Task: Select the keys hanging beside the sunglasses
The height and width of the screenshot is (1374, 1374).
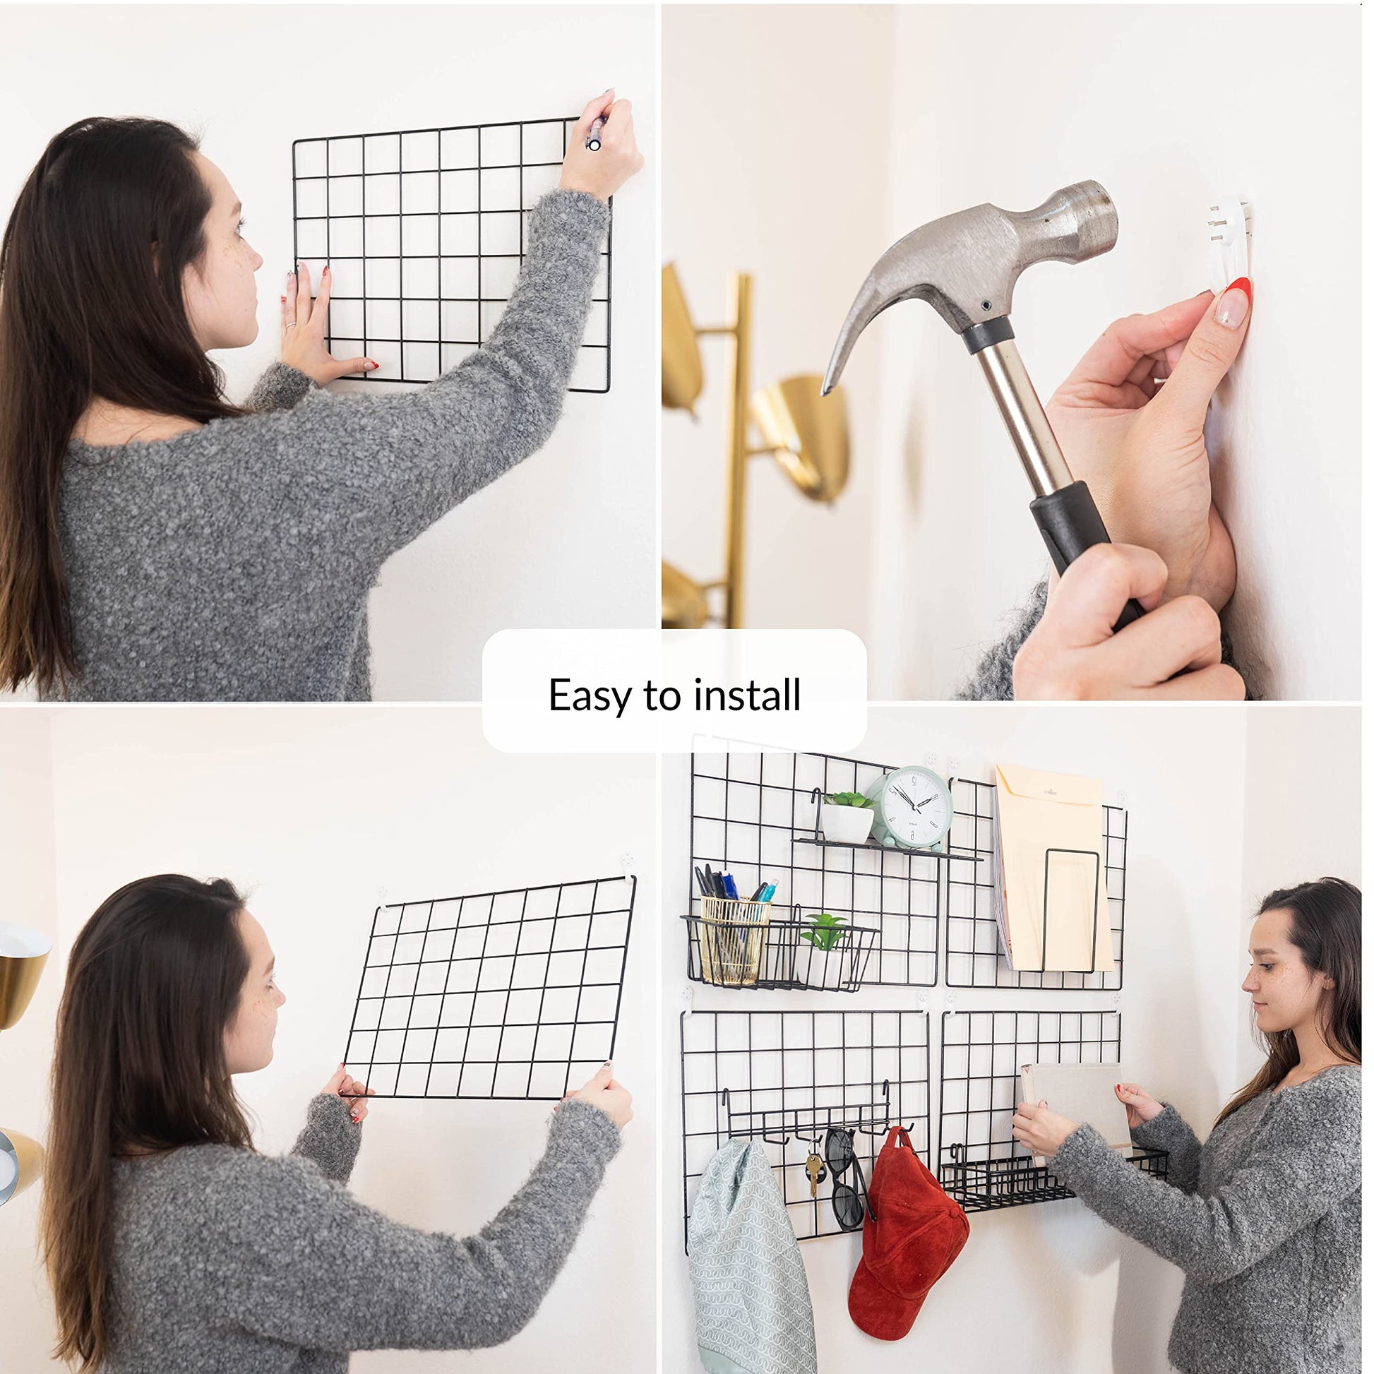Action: click(813, 1173)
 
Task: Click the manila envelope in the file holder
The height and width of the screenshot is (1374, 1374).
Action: click(1053, 868)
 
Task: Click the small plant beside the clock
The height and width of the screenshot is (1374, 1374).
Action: click(848, 818)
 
